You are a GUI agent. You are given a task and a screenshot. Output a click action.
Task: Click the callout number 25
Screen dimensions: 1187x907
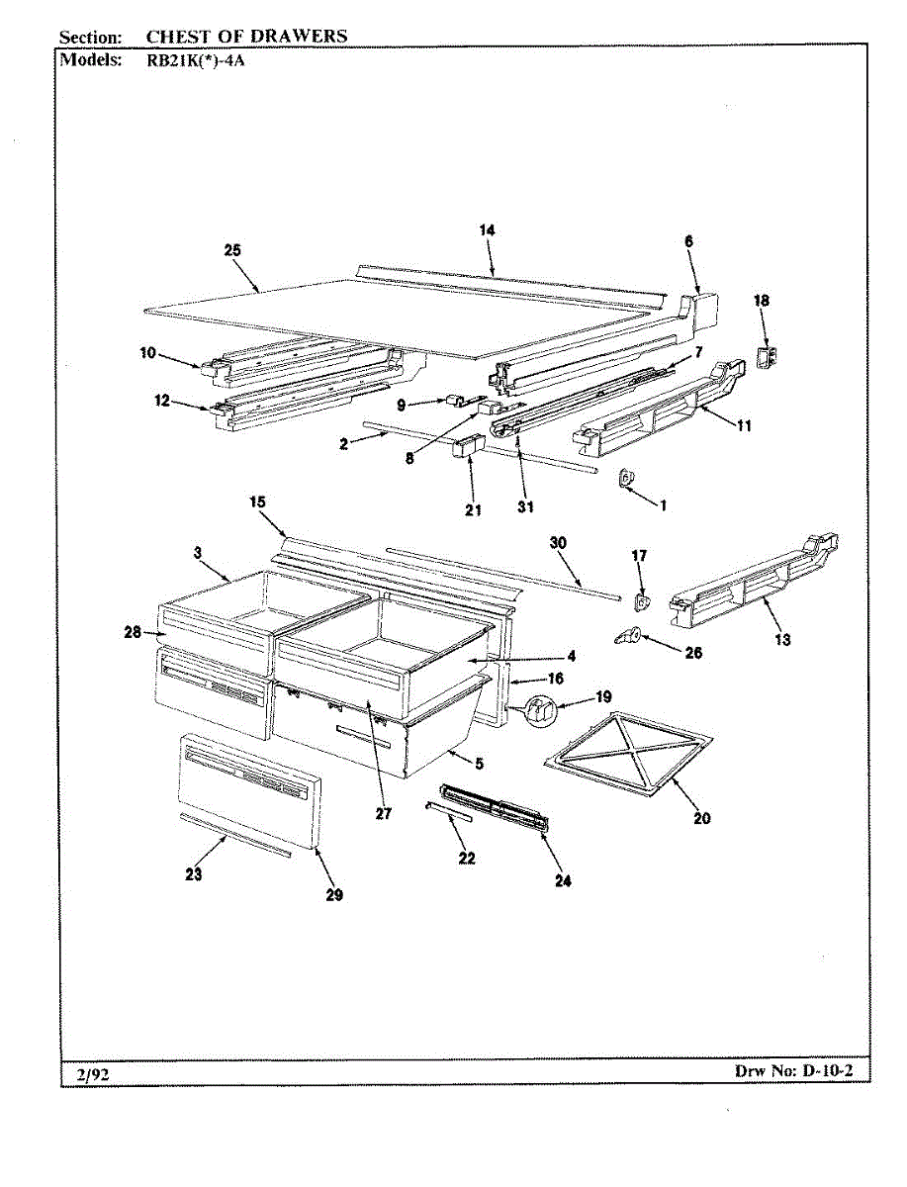[x=232, y=251]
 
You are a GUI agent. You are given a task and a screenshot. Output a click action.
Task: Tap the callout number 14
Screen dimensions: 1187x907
[x=487, y=230]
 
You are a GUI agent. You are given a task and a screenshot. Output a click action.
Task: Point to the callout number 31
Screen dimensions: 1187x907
[x=524, y=507]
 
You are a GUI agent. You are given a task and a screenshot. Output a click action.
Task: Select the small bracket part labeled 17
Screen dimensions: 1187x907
[x=641, y=599]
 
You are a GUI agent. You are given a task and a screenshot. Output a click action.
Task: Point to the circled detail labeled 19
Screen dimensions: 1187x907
[x=539, y=710]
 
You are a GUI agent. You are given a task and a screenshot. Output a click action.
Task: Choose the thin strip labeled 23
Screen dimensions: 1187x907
[x=234, y=834]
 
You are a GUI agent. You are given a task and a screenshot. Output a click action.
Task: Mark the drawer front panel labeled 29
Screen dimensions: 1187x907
[x=247, y=791]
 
